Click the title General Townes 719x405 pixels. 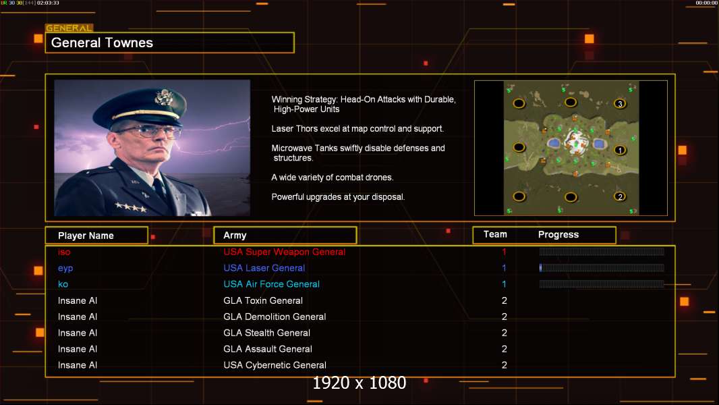102,43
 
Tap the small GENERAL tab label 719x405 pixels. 69,28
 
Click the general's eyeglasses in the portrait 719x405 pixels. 147,132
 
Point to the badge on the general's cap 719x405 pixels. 163,98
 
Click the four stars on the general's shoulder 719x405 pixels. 131,207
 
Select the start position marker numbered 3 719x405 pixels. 620,104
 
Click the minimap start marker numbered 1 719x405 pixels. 620,150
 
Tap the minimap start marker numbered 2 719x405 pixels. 620,197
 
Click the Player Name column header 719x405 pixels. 86,236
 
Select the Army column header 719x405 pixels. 235,236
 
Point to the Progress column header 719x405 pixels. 558,235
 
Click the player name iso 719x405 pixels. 64,252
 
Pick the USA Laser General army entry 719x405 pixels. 264,268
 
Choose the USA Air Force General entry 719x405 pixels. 271,284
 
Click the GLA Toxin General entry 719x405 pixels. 263,300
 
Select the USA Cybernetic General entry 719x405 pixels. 275,365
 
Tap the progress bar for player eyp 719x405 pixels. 602,268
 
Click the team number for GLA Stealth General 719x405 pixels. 505,333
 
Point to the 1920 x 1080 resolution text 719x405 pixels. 359,383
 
